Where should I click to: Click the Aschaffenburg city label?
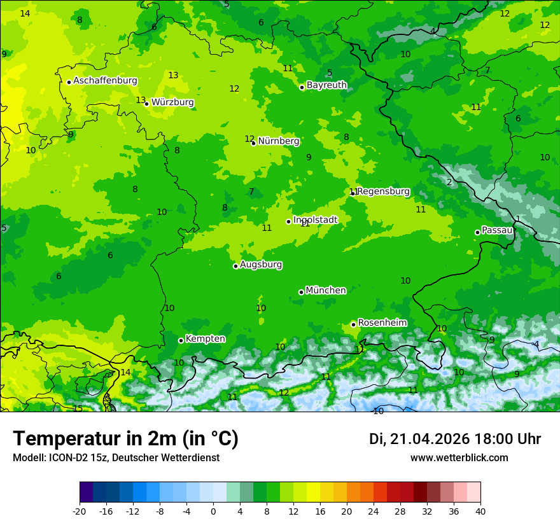point(105,81)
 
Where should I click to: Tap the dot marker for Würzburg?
point(146,104)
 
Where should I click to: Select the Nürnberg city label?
point(279,141)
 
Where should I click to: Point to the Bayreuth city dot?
point(302,87)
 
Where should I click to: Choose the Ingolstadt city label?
point(316,220)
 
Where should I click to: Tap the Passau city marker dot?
point(477,232)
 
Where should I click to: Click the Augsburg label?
point(261,265)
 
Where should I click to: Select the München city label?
point(326,291)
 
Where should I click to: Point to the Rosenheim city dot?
point(353,324)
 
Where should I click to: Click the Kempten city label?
point(205,339)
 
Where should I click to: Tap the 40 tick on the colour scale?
point(480,511)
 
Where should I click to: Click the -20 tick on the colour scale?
point(80,511)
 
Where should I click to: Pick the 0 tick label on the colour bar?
point(213,511)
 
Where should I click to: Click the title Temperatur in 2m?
point(125,438)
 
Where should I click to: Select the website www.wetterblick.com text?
point(459,458)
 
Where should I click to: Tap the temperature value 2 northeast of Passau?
point(449,183)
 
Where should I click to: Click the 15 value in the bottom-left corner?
point(78,408)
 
